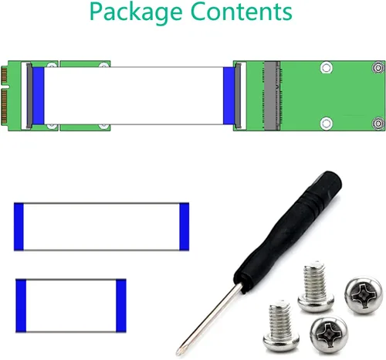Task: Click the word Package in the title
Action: click(x=136, y=13)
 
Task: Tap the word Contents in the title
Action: click(x=242, y=12)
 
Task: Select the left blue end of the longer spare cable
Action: click(x=19, y=226)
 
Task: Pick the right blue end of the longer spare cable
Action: click(x=185, y=226)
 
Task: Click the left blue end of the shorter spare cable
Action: click(x=21, y=306)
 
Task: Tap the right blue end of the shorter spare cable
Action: click(x=121, y=306)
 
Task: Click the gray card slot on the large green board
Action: click(x=272, y=96)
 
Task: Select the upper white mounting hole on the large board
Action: click(x=327, y=68)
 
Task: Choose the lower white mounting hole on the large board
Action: click(x=327, y=123)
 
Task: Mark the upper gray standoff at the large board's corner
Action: click(x=378, y=68)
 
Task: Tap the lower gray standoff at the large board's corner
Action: click(x=378, y=124)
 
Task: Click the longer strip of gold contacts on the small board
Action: click(x=4, y=107)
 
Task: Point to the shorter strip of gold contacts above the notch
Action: click(x=4, y=75)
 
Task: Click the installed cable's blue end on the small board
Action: click(x=39, y=96)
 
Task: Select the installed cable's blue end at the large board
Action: click(x=229, y=96)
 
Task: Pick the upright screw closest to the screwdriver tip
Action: click(x=281, y=325)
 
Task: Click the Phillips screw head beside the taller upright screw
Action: click(x=364, y=295)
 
